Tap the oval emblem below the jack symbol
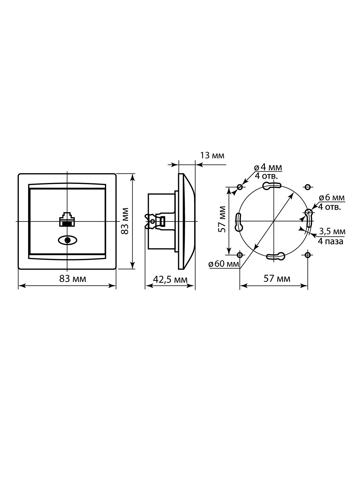[67, 240]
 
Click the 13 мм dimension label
[212, 155]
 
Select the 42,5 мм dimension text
[170, 279]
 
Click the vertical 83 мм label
[125, 221]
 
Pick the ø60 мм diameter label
[224, 264]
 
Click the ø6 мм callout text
[332, 198]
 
